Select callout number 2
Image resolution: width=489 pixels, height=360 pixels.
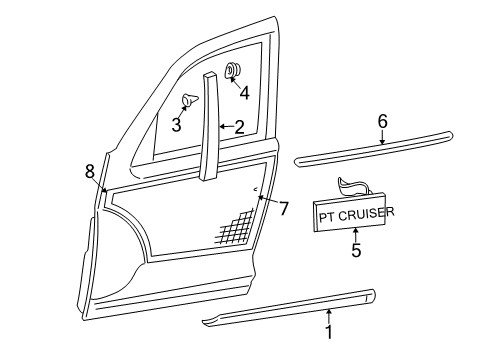(x=239, y=127)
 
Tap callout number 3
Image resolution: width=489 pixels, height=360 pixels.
(x=176, y=124)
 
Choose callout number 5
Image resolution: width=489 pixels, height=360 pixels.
(x=356, y=251)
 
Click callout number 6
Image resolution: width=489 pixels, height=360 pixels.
(x=381, y=120)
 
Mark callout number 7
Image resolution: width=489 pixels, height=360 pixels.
(x=283, y=208)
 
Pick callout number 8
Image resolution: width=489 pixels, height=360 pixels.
(x=89, y=170)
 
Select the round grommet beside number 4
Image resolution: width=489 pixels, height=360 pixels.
(x=233, y=70)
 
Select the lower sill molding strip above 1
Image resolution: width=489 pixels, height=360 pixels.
(x=300, y=306)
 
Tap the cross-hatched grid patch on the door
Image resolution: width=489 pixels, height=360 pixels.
(x=234, y=231)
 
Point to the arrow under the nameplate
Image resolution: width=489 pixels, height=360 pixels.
(x=356, y=236)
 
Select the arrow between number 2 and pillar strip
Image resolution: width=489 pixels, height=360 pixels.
(x=226, y=127)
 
